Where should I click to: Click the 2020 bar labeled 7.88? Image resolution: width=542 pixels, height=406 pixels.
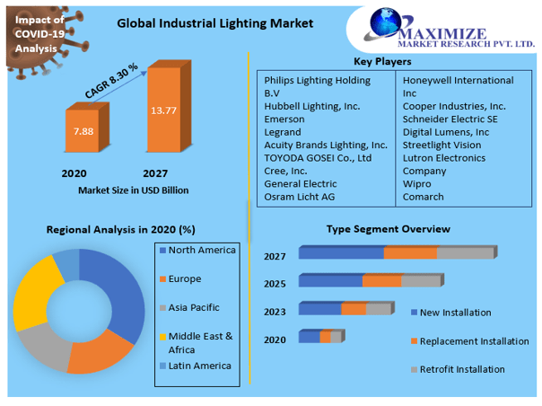pyautogui.click(x=82, y=132)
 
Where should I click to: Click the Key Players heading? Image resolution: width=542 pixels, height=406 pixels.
pyautogui.click(x=382, y=62)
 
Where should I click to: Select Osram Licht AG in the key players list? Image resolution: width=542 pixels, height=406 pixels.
pyautogui.click(x=299, y=196)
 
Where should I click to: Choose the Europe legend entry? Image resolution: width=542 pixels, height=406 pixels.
pyautogui.click(x=185, y=278)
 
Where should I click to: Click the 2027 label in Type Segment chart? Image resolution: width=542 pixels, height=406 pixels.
pyautogui.click(x=275, y=256)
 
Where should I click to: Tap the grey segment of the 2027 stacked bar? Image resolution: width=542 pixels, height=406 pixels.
pyautogui.click(x=466, y=253)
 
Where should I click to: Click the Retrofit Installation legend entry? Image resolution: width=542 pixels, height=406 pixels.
pyautogui.click(x=462, y=369)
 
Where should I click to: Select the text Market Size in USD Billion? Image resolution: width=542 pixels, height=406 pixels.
pyautogui.click(x=134, y=190)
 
